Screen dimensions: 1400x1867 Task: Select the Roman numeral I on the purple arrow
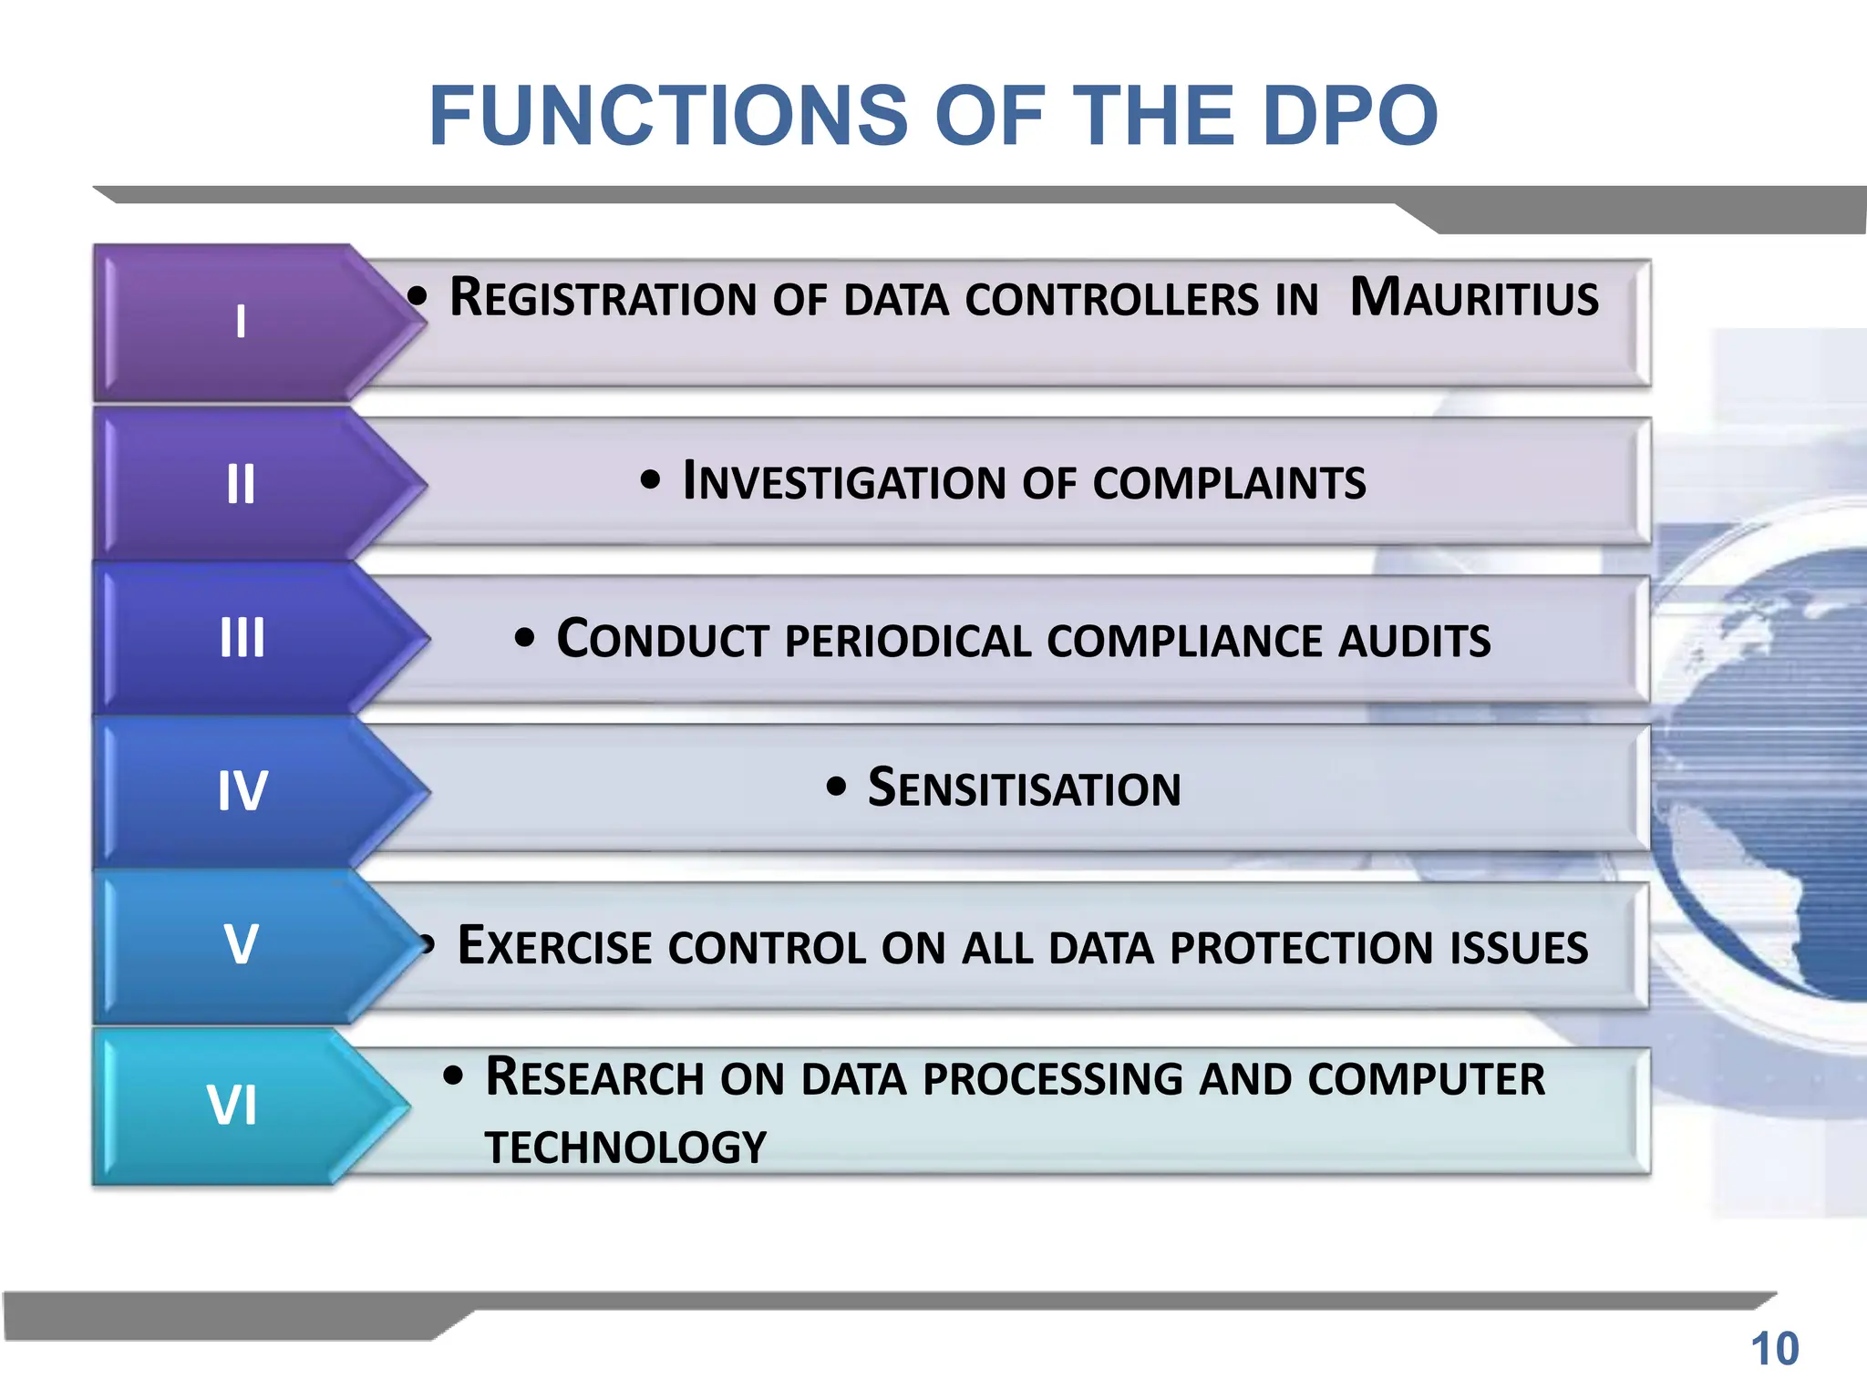(x=241, y=322)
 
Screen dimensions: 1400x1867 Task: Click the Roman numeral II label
(x=241, y=484)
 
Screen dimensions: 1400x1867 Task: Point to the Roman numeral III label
(x=242, y=637)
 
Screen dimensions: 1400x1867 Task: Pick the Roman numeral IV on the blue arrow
(x=242, y=790)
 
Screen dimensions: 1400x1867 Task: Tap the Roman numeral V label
(x=242, y=944)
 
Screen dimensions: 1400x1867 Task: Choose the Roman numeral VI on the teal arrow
(x=232, y=1106)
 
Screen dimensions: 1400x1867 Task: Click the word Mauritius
(x=1474, y=298)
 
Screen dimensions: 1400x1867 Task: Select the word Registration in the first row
(x=603, y=298)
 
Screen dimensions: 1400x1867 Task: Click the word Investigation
(x=843, y=482)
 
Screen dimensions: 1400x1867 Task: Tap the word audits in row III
(x=1414, y=640)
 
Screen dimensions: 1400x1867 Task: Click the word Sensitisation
(x=1024, y=788)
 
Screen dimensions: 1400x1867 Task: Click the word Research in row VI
(x=593, y=1077)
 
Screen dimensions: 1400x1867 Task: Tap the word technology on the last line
(x=625, y=1147)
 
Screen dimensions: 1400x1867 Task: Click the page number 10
(x=1774, y=1349)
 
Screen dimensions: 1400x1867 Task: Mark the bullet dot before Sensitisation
(x=836, y=787)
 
